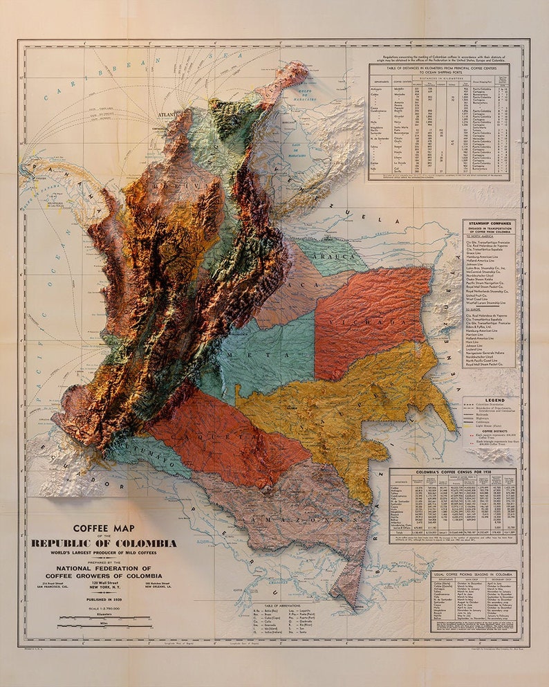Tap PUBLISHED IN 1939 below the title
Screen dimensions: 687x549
(104, 599)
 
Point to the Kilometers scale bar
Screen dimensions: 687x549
(104, 616)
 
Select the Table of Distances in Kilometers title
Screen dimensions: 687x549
(439, 71)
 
